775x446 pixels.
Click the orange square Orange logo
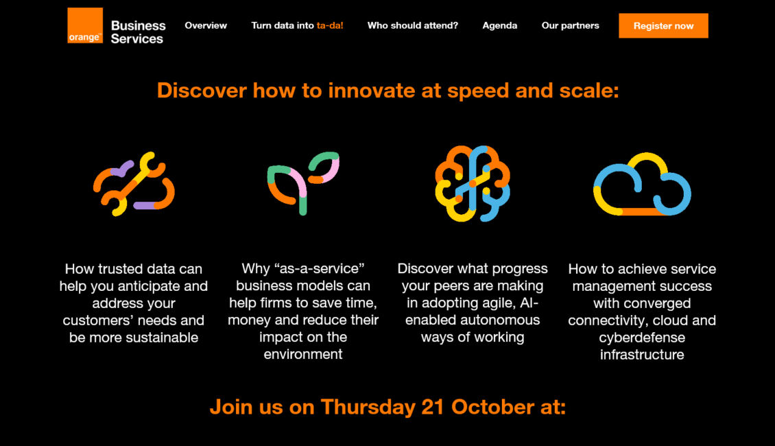pyautogui.click(x=85, y=25)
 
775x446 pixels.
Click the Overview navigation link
pyautogui.click(x=206, y=25)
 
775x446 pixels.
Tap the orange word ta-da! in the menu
pyautogui.click(x=330, y=25)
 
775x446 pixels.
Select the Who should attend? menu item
pyautogui.click(x=413, y=25)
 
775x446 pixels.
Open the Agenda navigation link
pyautogui.click(x=500, y=25)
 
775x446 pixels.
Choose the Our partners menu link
pyautogui.click(x=571, y=25)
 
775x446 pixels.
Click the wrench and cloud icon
pyautogui.click(x=134, y=184)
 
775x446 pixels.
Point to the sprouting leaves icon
pyautogui.click(x=302, y=183)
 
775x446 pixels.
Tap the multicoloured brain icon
pyautogui.click(x=473, y=183)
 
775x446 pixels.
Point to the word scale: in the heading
pyautogui.click(x=589, y=91)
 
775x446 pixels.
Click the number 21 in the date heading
pyautogui.click(x=433, y=407)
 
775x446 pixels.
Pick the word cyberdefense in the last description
pyautogui.click(x=642, y=338)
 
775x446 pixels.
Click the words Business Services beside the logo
pyautogui.click(x=138, y=32)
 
